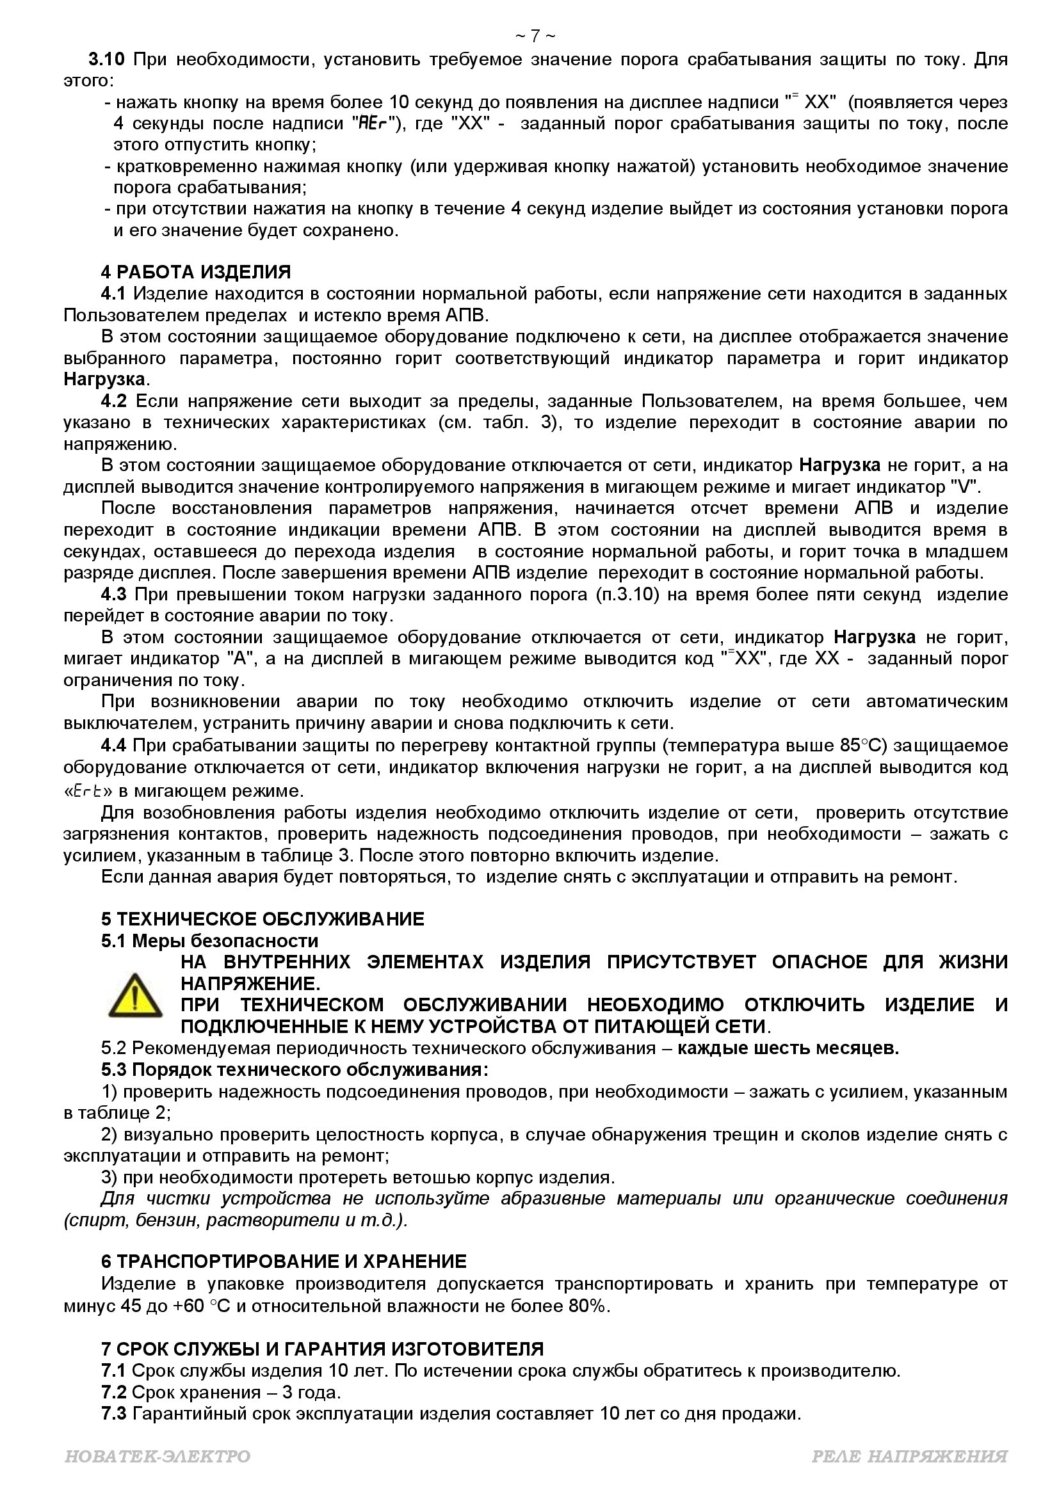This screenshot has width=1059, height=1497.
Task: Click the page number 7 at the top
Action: click(x=535, y=36)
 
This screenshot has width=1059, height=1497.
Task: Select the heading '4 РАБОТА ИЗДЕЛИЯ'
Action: click(x=196, y=272)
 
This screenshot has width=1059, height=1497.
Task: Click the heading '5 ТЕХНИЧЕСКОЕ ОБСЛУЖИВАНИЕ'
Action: click(x=262, y=919)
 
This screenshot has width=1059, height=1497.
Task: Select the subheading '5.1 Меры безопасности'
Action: click(x=209, y=941)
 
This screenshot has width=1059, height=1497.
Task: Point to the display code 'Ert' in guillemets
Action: click(x=87, y=792)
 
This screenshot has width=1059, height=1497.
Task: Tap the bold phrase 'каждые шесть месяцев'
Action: click(x=787, y=1048)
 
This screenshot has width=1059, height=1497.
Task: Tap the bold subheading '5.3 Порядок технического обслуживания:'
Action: click(x=294, y=1070)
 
